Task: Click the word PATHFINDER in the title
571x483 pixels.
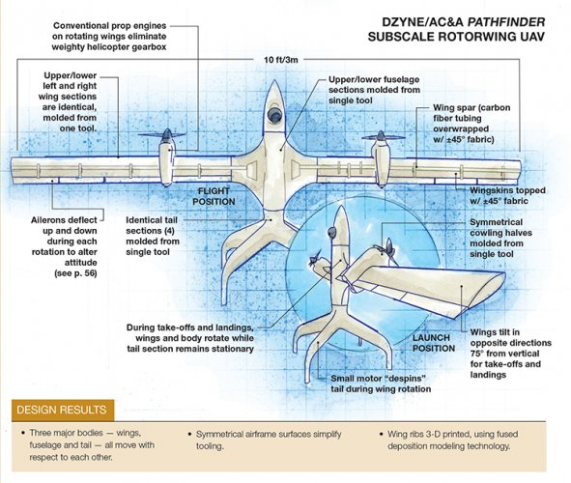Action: click(x=506, y=22)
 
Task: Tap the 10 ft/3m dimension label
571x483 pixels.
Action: click(x=281, y=60)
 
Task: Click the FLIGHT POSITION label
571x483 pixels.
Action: click(x=214, y=196)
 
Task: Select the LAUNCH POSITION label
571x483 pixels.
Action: click(x=434, y=343)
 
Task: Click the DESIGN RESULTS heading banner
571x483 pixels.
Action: click(x=63, y=410)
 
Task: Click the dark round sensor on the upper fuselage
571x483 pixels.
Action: click(x=274, y=114)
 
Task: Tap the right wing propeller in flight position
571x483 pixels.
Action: click(x=382, y=137)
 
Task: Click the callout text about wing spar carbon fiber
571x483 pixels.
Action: click(x=471, y=124)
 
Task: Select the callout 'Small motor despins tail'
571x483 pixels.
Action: click(x=381, y=384)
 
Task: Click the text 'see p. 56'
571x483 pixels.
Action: click(x=75, y=273)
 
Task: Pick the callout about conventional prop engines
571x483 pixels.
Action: click(x=109, y=37)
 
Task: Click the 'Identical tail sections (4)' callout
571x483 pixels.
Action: click(x=153, y=236)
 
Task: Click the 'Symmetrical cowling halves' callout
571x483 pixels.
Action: click(x=500, y=238)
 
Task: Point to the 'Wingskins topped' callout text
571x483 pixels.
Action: click(x=507, y=195)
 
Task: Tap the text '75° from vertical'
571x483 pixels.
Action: click(x=504, y=354)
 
